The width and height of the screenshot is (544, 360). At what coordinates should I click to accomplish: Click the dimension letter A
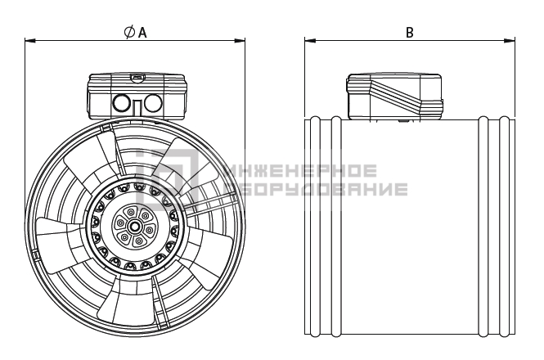coord(142,32)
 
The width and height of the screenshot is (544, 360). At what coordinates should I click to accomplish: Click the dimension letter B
coord(410,32)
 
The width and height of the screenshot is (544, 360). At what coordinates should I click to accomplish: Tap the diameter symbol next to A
coord(129,32)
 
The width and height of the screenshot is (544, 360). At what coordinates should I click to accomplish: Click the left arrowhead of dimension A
coord(30,41)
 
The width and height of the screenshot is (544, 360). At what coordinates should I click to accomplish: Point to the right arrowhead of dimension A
coord(240,41)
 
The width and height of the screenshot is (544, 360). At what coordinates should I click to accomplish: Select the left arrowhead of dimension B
coord(310,41)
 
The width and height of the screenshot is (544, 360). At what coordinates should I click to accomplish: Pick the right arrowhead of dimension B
coord(510,41)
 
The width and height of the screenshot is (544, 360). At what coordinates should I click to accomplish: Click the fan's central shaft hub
coord(134,227)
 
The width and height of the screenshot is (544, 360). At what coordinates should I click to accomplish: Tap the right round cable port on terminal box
coord(153,103)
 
